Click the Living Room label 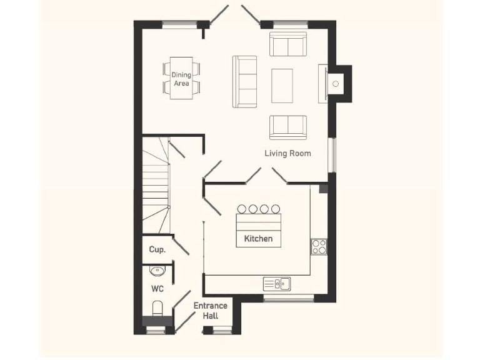tap(287, 153)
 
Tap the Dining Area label tap(181, 79)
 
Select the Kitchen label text tap(258, 239)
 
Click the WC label tap(157, 289)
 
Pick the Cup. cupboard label tap(157, 249)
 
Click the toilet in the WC tap(157, 309)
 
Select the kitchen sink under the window tap(276, 284)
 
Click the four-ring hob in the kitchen tap(319, 247)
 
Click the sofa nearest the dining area tap(245, 81)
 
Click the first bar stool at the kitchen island tap(242, 209)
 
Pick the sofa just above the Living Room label tap(288, 127)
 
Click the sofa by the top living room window tap(288, 44)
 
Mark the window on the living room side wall tap(333, 153)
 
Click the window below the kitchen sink tap(288, 299)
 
